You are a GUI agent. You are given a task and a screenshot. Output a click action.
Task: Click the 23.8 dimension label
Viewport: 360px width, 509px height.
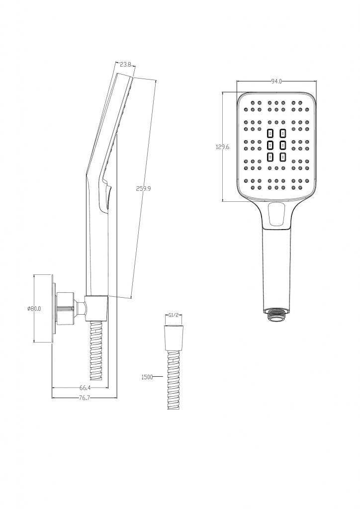pyautogui.click(x=125, y=64)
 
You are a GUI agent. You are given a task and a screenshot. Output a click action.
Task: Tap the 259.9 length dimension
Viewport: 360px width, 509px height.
pyautogui.click(x=144, y=188)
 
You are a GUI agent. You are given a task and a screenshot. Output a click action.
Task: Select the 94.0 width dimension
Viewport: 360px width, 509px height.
pyautogui.click(x=276, y=82)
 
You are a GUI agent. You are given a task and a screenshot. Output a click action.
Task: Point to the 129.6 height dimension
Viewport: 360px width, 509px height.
pyautogui.click(x=223, y=147)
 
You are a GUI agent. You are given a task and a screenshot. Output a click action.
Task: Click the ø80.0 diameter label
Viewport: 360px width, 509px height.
pyautogui.click(x=34, y=309)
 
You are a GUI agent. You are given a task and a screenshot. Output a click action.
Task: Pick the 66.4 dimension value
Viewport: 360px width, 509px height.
pyautogui.click(x=85, y=388)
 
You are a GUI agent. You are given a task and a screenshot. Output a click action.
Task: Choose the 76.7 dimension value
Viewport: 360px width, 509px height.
pyautogui.click(x=85, y=398)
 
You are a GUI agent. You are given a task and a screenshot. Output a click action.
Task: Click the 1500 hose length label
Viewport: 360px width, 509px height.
pyautogui.click(x=147, y=377)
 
